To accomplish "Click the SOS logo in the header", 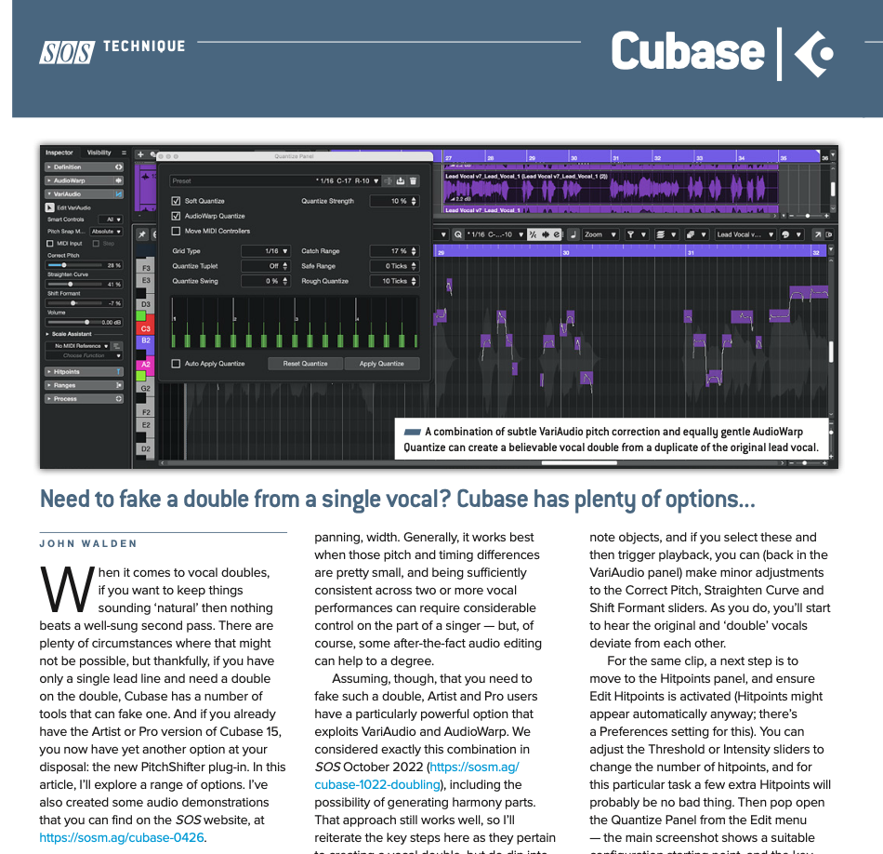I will pyautogui.click(x=66, y=53).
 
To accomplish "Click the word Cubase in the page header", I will pyautogui.click(x=688, y=51).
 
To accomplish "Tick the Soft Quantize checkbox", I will pyautogui.click(x=177, y=201).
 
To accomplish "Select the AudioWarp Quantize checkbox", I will pyautogui.click(x=177, y=216).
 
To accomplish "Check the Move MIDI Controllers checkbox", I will pyautogui.click(x=177, y=231).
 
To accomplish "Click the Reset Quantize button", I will pyautogui.click(x=306, y=364).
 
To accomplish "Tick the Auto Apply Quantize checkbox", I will pyautogui.click(x=177, y=364).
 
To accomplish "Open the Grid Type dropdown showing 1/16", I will pyautogui.click(x=266, y=251).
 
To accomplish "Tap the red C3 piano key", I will pyautogui.click(x=145, y=328).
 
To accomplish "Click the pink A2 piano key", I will pyautogui.click(x=145, y=365).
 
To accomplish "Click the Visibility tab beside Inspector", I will pyautogui.click(x=99, y=153).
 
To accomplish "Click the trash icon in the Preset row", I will pyautogui.click(x=414, y=181).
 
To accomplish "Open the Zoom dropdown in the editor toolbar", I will pyautogui.click(x=599, y=234).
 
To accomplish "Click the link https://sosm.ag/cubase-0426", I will pyautogui.click(x=122, y=837).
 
